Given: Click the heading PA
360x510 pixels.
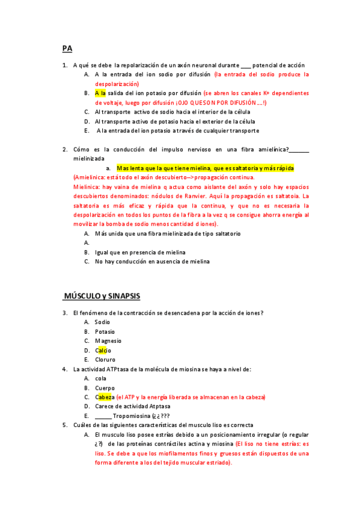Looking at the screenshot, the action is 67,48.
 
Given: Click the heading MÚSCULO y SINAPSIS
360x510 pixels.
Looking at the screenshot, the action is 102,296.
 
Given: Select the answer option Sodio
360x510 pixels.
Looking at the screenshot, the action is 102,322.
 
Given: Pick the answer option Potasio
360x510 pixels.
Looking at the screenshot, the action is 105,331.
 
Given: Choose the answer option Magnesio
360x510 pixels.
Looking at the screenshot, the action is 108,341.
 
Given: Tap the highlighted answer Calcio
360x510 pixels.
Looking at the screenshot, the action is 103,350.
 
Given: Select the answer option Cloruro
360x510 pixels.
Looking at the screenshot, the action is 105,360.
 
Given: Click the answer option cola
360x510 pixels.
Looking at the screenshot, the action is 100,378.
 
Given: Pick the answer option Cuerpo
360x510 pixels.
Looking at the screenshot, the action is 105,388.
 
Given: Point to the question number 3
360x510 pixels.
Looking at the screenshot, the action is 64,313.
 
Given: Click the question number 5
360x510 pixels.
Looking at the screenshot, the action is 64,425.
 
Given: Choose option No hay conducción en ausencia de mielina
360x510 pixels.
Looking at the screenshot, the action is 152,262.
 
